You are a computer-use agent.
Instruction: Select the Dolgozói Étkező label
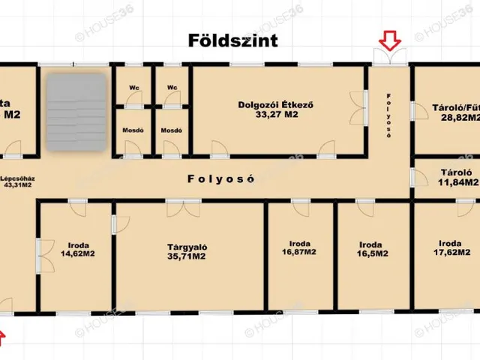(x=274, y=105)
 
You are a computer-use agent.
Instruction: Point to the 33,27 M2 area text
(x=274, y=115)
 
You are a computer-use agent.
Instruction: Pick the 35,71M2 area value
(x=187, y=256)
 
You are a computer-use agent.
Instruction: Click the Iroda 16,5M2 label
(x=373, y=249)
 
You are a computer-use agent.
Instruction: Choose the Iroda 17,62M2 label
(x=449, y=247)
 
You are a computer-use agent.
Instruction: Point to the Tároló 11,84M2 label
(x=457, y=176)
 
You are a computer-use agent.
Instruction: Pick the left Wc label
(x=133, y=88)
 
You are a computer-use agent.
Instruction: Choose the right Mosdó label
(x=172, y=130)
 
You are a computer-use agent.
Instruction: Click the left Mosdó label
(x=133, y=130)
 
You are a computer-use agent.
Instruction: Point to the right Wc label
(x=172, y=88)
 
